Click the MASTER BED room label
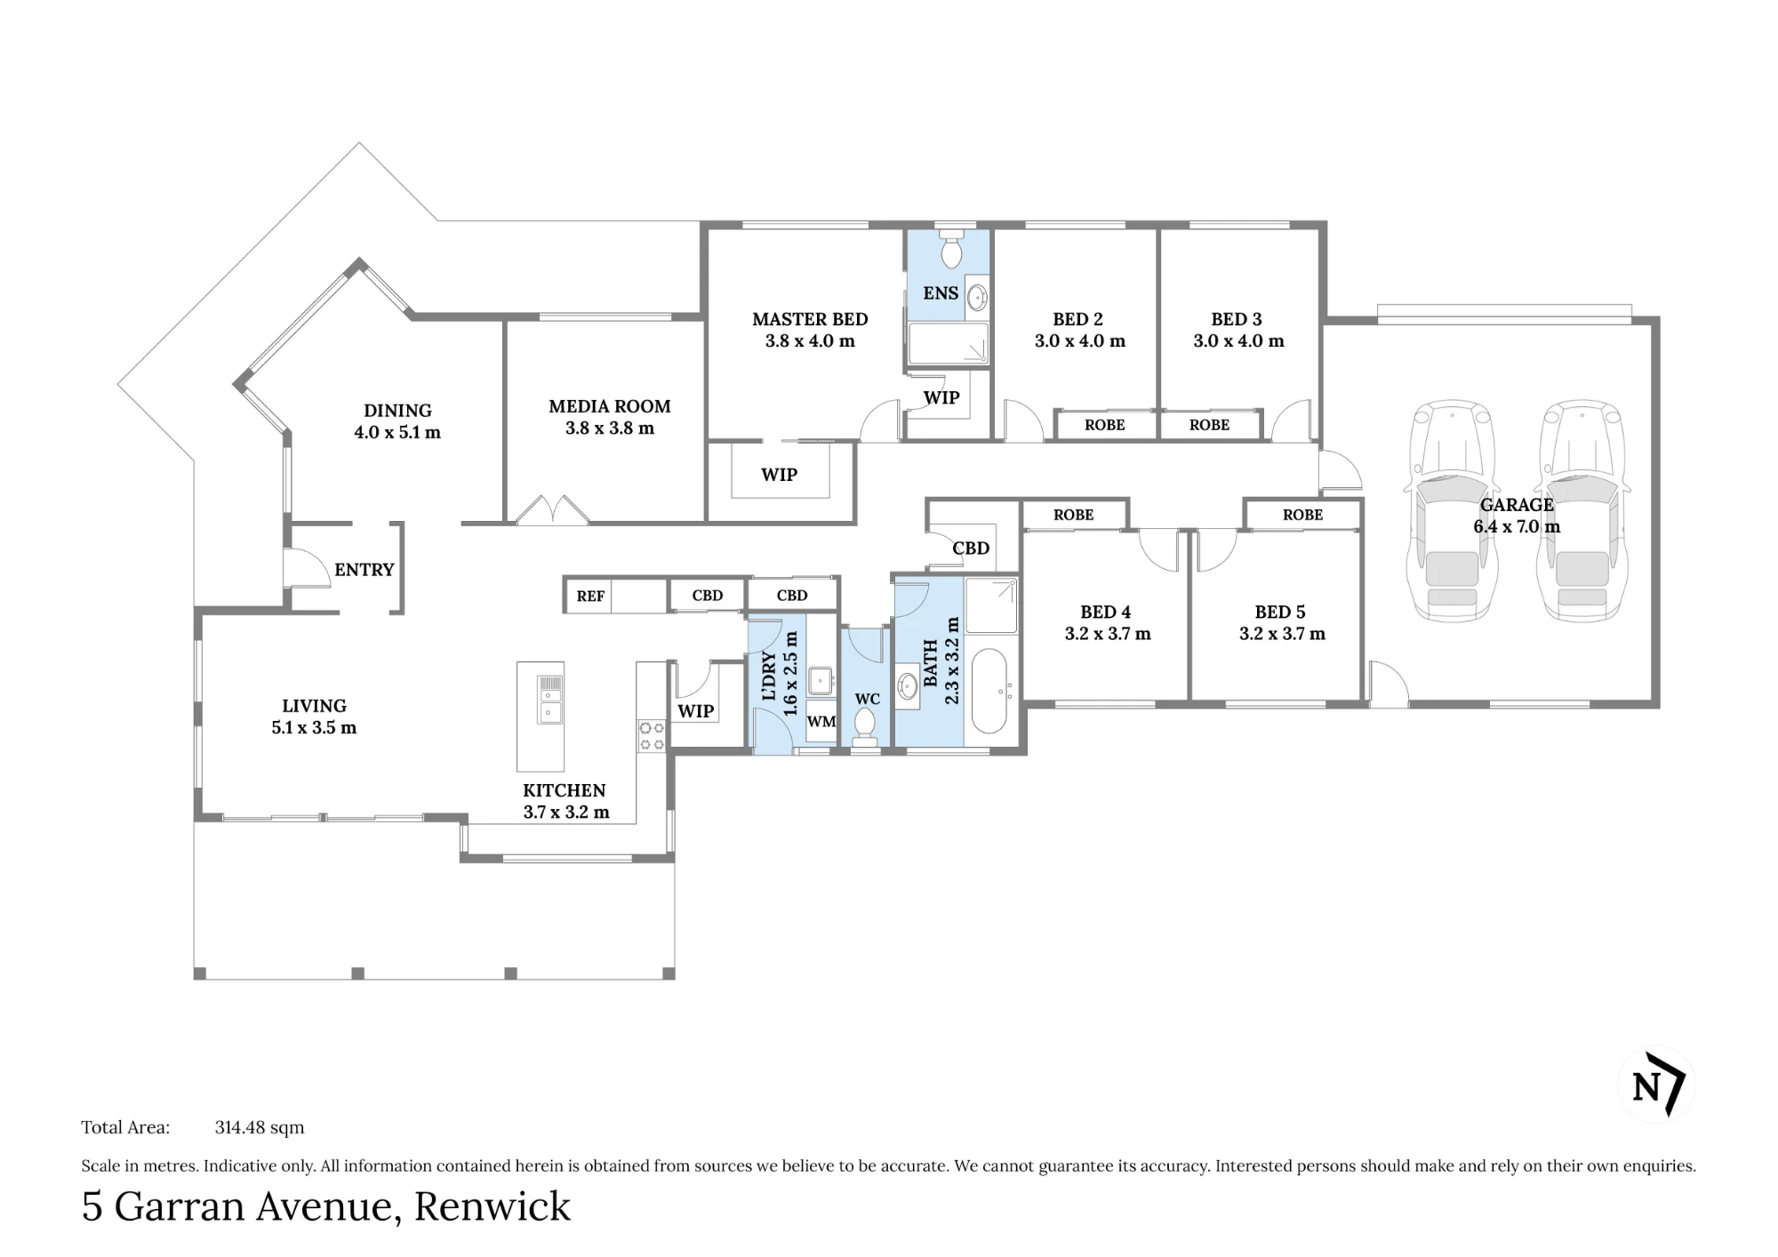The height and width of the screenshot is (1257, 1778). [x=810, y=319]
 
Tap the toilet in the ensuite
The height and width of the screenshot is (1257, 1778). [x=951, y=249]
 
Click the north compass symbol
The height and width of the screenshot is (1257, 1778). [x=1657, y=1085]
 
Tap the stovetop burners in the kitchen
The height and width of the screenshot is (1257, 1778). [x=652, y=735]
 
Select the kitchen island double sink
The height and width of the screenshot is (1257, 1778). [x=550, y=700]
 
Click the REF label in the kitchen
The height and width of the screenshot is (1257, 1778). [x=590, y=596]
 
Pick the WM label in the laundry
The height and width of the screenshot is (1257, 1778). [x=821, y=722]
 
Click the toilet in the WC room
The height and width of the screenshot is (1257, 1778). [x=865, y=726]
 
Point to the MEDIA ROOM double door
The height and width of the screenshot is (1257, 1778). [x=552, y=510]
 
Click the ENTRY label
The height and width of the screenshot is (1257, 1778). [x=364, y=570]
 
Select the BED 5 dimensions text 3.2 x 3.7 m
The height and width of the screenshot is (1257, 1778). [x=1282, y=634]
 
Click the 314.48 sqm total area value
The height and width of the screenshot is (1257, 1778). [x=260, y=1127]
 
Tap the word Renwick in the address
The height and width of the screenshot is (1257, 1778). [x=493, y=1206]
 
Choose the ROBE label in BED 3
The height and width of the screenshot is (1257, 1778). [x=1209, y=425]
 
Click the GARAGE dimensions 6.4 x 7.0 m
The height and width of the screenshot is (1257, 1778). [x=1517, y=526]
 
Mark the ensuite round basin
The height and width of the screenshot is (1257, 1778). [x=976, y=296]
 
